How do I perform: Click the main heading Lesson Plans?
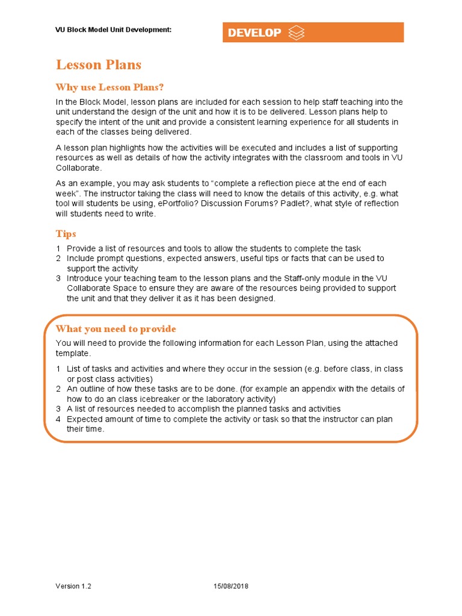tap(99, 65)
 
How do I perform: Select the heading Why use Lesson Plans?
tap(109, 87)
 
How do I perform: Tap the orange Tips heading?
tap(66, 233)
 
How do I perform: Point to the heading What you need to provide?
tap(115, 328)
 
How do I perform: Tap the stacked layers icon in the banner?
tap(297, 32)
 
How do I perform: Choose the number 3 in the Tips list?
tap(58, 279)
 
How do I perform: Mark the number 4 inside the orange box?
tap(58, 419)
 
